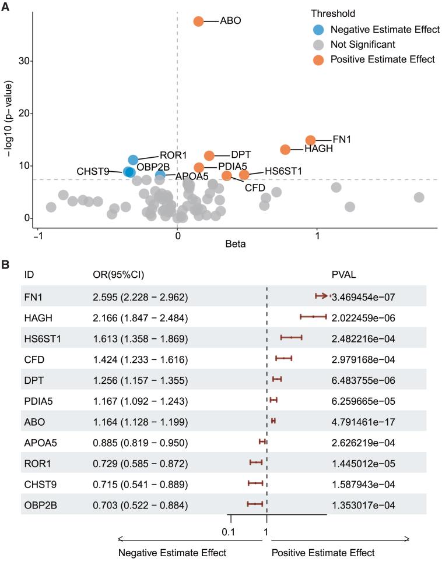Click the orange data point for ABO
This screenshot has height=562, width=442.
click(x=198, y=22)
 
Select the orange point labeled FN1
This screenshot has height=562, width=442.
click(x=310, y=140)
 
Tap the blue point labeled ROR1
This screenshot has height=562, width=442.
click(x=133, y=160)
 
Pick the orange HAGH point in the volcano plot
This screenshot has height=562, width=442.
click(x=285, y=150)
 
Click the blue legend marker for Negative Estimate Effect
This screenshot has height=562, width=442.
click(x=317, y=29)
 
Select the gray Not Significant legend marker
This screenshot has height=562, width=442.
click(x=317, y=44)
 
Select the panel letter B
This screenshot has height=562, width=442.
click(x=5, y=263)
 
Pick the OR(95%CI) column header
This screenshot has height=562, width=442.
click(x=120, y=274)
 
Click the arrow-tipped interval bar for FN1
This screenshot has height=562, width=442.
click(x=322, y=296)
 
